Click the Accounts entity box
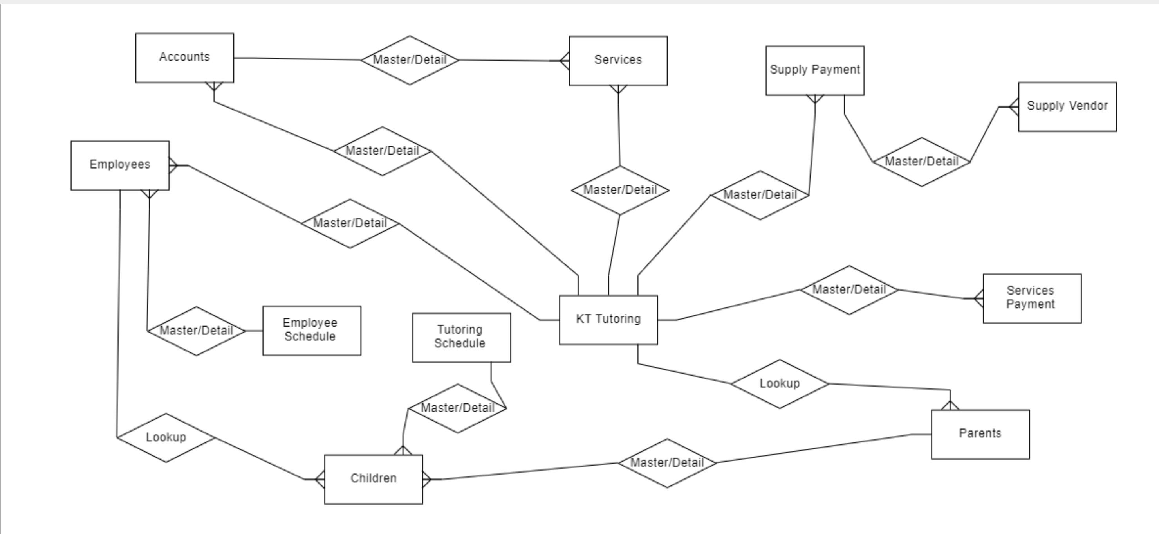coord(184,58)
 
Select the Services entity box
coord(618,61)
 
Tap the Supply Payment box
coord(814,70)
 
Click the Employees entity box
coord(120,165)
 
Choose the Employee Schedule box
coord(311,331)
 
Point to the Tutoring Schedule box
coord(461,337)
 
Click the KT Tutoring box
coord(608,320)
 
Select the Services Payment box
coord(1032,298)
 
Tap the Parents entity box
coord(980,434)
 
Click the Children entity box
coord(373,479)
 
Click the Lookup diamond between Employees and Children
coord(166,437)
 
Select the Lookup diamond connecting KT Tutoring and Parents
coord(779,384)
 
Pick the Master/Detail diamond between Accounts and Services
coord(410,60)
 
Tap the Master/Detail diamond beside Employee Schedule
coord(196,331)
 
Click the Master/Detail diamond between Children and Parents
coord(667,463)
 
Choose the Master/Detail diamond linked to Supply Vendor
coord(921,162)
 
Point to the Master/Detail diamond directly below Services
coord(619,190)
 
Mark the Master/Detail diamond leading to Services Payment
coord(848,290)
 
